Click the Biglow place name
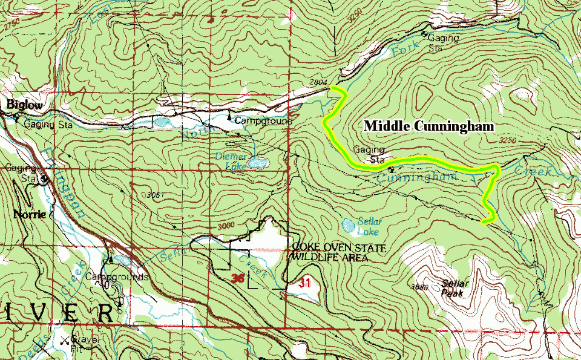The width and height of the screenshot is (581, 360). coord(25,105)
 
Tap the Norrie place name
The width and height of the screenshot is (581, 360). coord(27,214)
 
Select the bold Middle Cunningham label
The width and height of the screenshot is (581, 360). coord(428,126)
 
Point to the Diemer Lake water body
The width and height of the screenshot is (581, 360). coord(258,163)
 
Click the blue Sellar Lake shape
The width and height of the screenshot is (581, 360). coord(349,226)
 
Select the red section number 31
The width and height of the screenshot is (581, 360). coord(304,283)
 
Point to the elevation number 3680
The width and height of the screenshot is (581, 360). coord(418,287)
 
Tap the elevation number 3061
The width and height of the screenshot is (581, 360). coord(156,195)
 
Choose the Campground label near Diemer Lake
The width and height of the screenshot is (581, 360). coord(263,120)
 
